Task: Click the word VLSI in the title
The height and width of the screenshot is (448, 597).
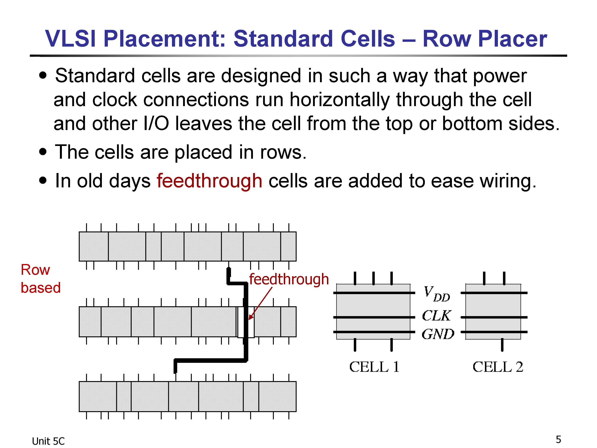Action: (x=70, y=39)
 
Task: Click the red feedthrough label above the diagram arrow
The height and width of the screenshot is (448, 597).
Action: (x=289, y=279)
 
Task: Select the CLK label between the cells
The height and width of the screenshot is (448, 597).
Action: (x=436, y=315)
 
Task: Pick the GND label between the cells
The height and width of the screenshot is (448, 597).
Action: (x=438, y=334)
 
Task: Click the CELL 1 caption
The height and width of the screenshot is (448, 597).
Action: (x=374, y=367)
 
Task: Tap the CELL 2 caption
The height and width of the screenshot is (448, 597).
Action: (x=498, y=367)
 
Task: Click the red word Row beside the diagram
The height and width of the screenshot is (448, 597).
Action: (x=35, y=270)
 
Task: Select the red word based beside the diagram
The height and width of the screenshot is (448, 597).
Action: (x=41, y=287)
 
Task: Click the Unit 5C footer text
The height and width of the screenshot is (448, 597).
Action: (x=48, y=441)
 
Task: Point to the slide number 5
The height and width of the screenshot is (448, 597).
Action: (x=558, y=439)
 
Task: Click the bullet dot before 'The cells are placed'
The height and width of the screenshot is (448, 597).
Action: (x=43, y=152)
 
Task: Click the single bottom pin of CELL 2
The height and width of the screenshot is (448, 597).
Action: (x=502, y=345)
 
